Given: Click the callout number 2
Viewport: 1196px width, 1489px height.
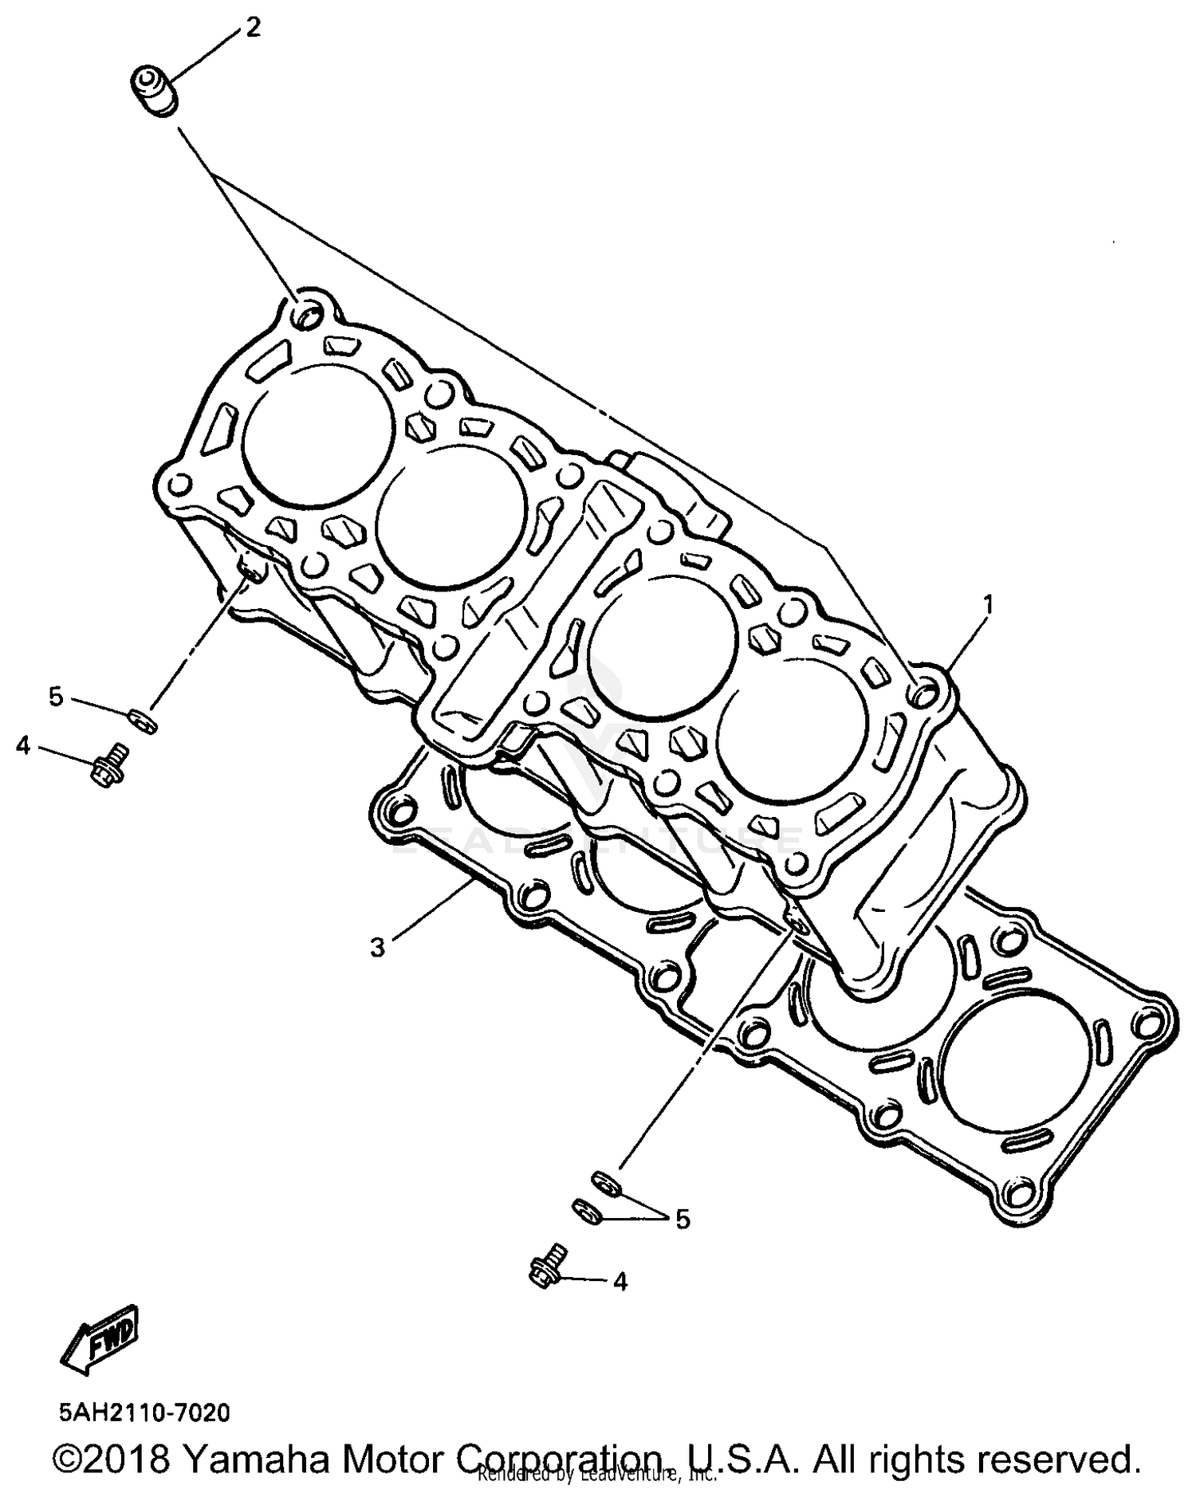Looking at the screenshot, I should click(252, 29).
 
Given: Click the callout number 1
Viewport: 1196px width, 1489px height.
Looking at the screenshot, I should click(988, 605).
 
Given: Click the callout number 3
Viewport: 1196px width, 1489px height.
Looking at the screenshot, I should click(377, 948).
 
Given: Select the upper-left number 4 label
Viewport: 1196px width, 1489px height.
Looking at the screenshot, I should click(23, 746).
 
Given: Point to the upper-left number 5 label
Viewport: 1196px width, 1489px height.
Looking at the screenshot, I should click(55, 697).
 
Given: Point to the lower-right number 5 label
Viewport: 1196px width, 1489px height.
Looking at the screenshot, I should click(683, 1219).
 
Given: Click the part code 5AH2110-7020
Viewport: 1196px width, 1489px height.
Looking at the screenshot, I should click(144, 1412).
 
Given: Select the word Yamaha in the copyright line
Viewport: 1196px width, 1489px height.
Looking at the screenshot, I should click(246, 1459).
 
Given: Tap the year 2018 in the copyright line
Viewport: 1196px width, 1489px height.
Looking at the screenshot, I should click(128, 1459).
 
